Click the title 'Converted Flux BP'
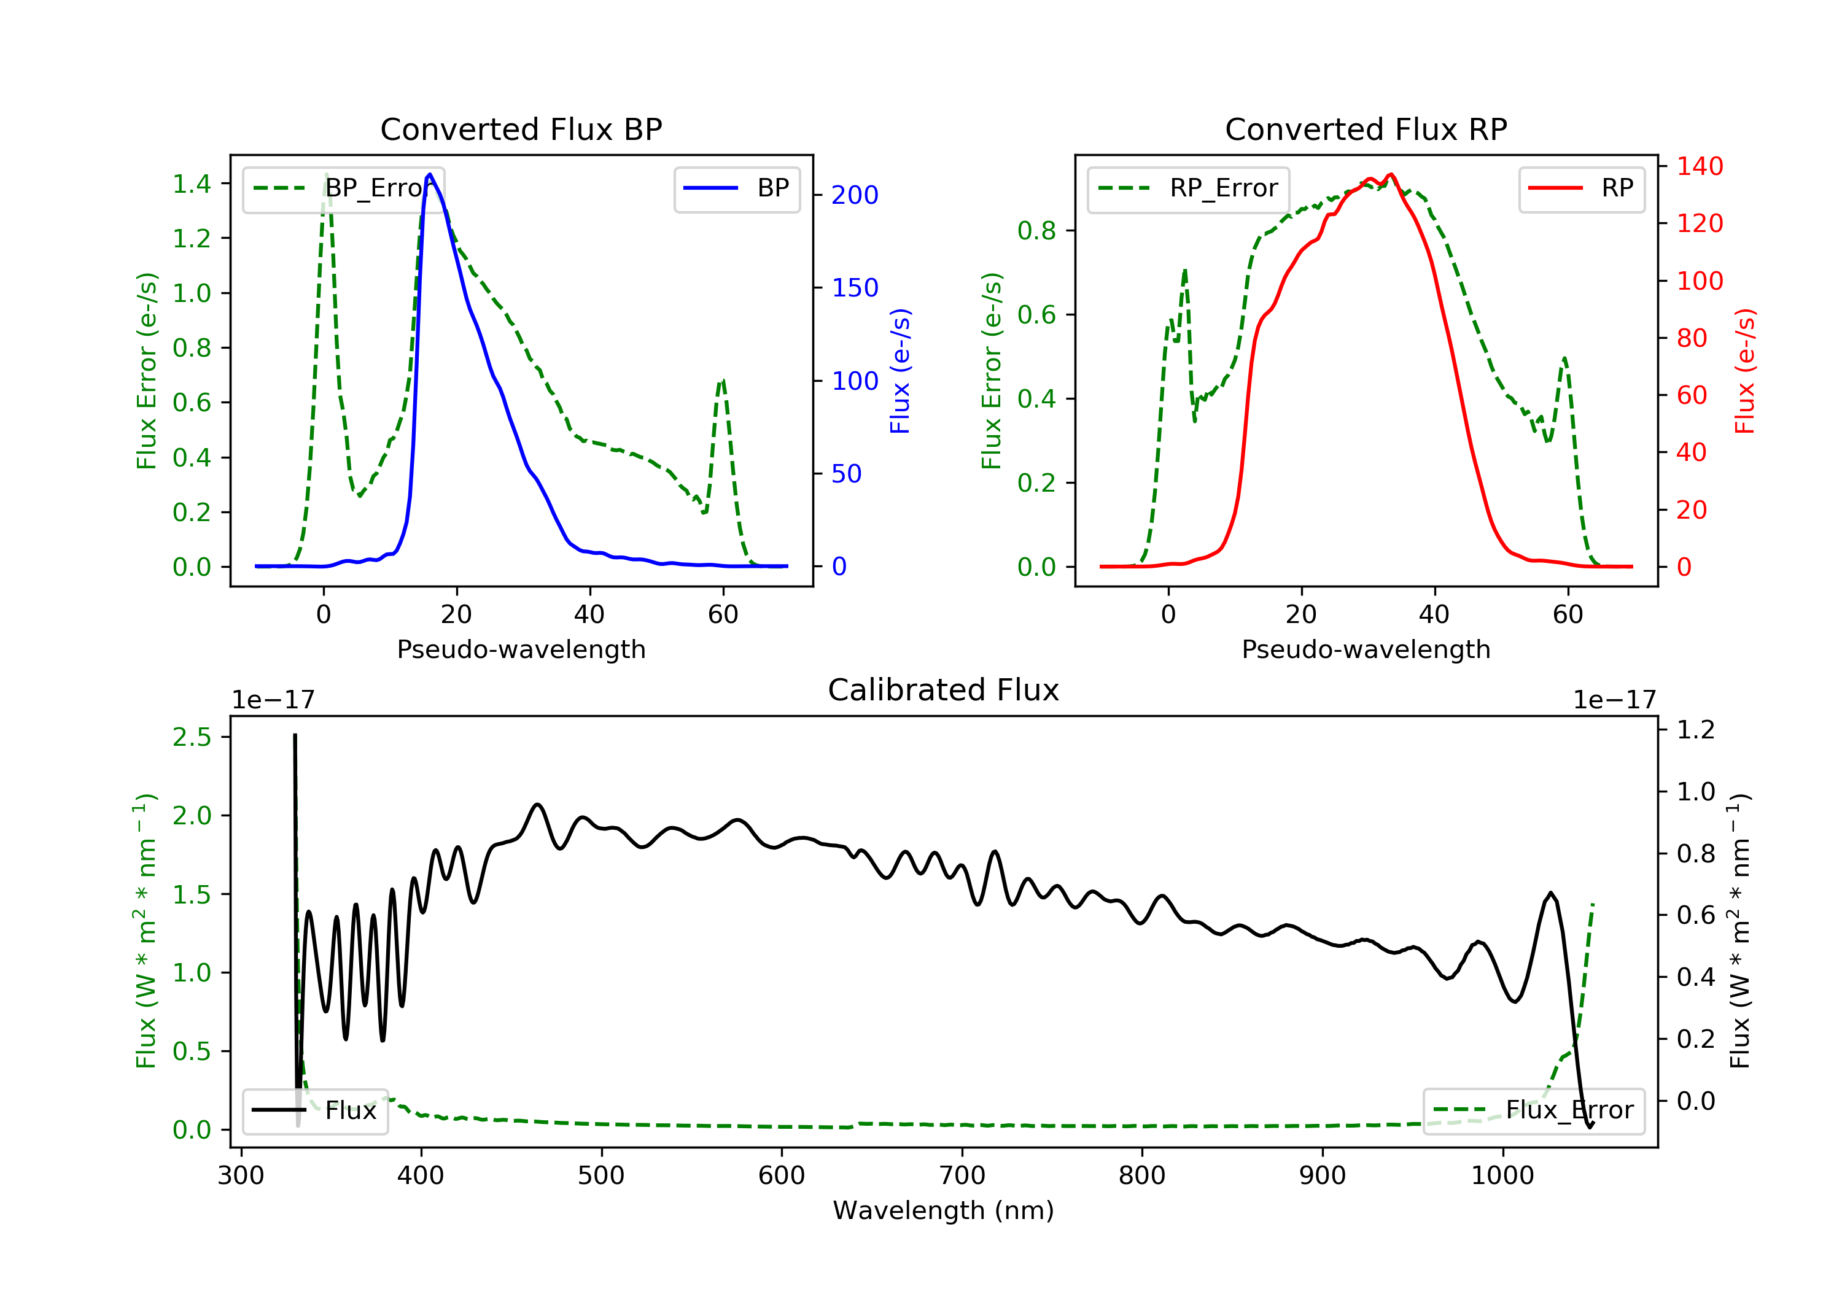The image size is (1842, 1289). click(x=521, y=129)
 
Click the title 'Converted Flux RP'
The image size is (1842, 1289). click(x=1366, y=129)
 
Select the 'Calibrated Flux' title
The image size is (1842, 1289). click(x=944, y=690)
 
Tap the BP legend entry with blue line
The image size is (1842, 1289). click(x=736, y=188)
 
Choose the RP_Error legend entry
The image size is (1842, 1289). click(x=1187, y=188)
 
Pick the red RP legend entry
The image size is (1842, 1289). click(x=1581, y=188)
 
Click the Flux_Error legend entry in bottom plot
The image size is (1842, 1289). click(x=1533, y=1110)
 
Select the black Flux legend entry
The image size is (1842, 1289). click(x=314, y=1110)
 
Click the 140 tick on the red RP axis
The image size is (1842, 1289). click(x=1699, y=166)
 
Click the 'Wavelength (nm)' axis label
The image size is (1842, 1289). click(x=944, y=1210)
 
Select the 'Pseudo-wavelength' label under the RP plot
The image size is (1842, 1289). click(x=1366, y=649)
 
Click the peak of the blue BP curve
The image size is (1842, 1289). click(x=430, y=174)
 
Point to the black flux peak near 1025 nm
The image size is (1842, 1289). click(x=1551, y=892)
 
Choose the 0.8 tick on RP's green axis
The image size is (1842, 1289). click(x=1036, y=231)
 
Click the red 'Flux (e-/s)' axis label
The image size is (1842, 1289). click(x=1744, y=371)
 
